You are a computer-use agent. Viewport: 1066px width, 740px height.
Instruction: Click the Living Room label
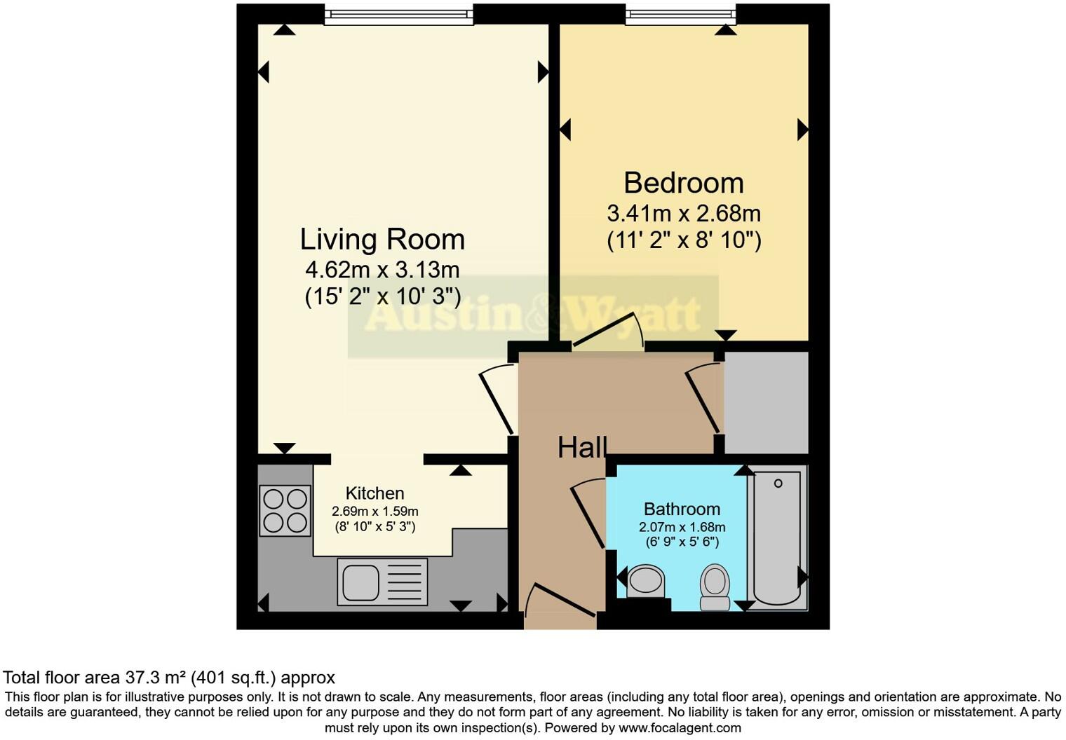[382, 239]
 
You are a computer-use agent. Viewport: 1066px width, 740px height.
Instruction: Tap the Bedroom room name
[683, 183]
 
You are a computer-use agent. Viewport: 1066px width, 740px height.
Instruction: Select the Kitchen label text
[375, 493]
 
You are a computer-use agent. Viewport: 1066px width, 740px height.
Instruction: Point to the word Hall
[581, 448]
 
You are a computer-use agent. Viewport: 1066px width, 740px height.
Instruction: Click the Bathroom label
[682, 509]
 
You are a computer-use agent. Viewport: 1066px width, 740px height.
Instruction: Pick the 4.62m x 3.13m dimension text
[382, 269]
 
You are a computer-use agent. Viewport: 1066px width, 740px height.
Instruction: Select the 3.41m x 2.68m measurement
[683, 213]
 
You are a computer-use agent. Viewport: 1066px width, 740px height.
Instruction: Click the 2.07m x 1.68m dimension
[682, 527]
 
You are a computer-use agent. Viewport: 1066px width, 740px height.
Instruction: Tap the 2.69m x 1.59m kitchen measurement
[375, 512]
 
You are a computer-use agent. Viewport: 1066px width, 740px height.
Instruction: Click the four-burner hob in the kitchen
[285, 511]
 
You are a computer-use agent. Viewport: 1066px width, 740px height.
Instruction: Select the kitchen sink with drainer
[382, 582]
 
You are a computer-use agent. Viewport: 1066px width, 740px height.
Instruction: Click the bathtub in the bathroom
[777, 537]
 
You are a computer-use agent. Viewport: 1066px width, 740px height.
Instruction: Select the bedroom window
[680, 15]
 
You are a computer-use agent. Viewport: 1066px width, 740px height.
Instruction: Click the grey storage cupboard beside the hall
[766, 402]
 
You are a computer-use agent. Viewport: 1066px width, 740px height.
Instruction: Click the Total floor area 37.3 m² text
[169, 678]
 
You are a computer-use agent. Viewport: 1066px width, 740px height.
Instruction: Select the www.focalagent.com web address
[680, 727]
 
